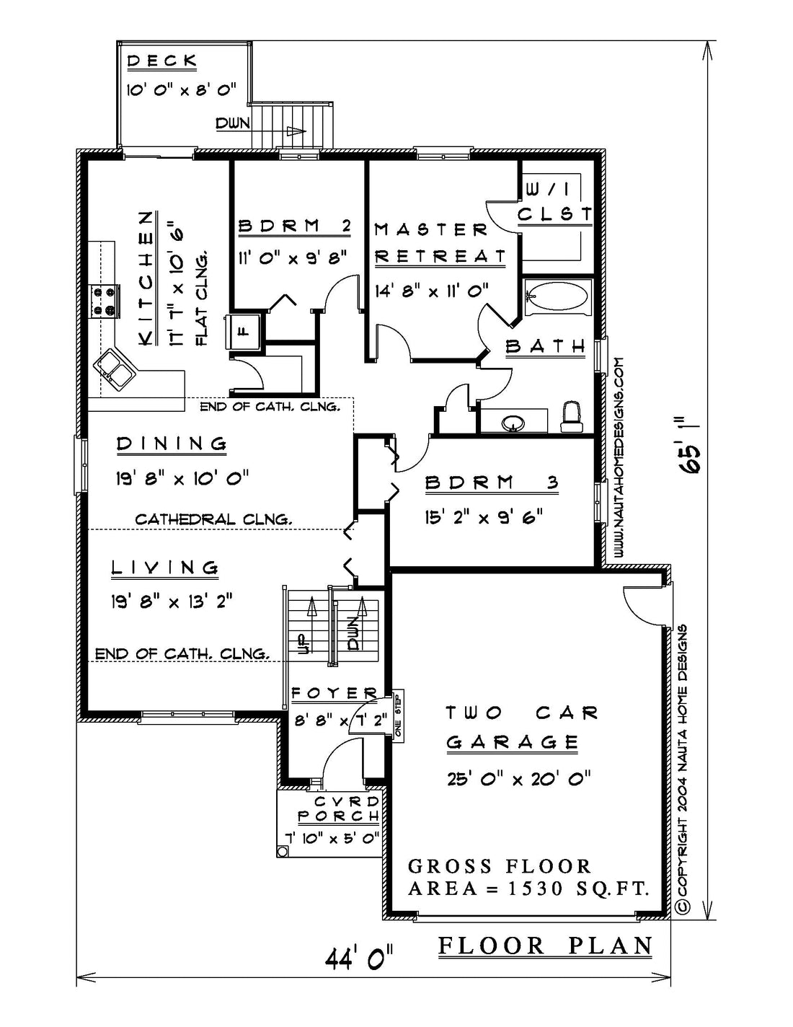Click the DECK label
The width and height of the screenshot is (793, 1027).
[x=162, y=61]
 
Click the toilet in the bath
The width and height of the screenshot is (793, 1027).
[x=571, y=416]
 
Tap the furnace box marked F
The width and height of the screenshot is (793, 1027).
[x=244, y=330]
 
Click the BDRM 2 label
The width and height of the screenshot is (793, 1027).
[x=295, y=226]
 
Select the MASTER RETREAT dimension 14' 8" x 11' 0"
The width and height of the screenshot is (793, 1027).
[x=432, y=290]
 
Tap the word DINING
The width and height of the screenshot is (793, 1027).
[x=172, y=444]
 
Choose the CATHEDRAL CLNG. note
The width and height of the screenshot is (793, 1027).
[x=213, y=519]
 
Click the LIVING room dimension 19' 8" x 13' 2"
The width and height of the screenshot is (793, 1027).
[x=172, y=602]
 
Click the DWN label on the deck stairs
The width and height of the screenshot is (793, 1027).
[x=233, y=123]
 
